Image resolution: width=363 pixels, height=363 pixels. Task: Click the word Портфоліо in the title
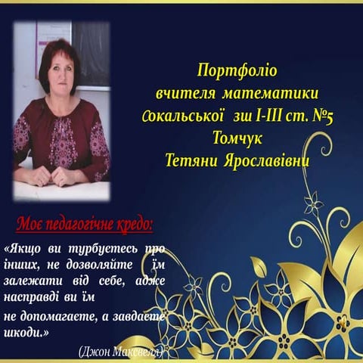pyautogui.click(x=237, y=72)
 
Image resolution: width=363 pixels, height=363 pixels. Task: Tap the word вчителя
pyautogui.click(x=185, y=94)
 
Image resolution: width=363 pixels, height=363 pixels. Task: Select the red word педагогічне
pyautogui.click(x=79, y=225)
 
